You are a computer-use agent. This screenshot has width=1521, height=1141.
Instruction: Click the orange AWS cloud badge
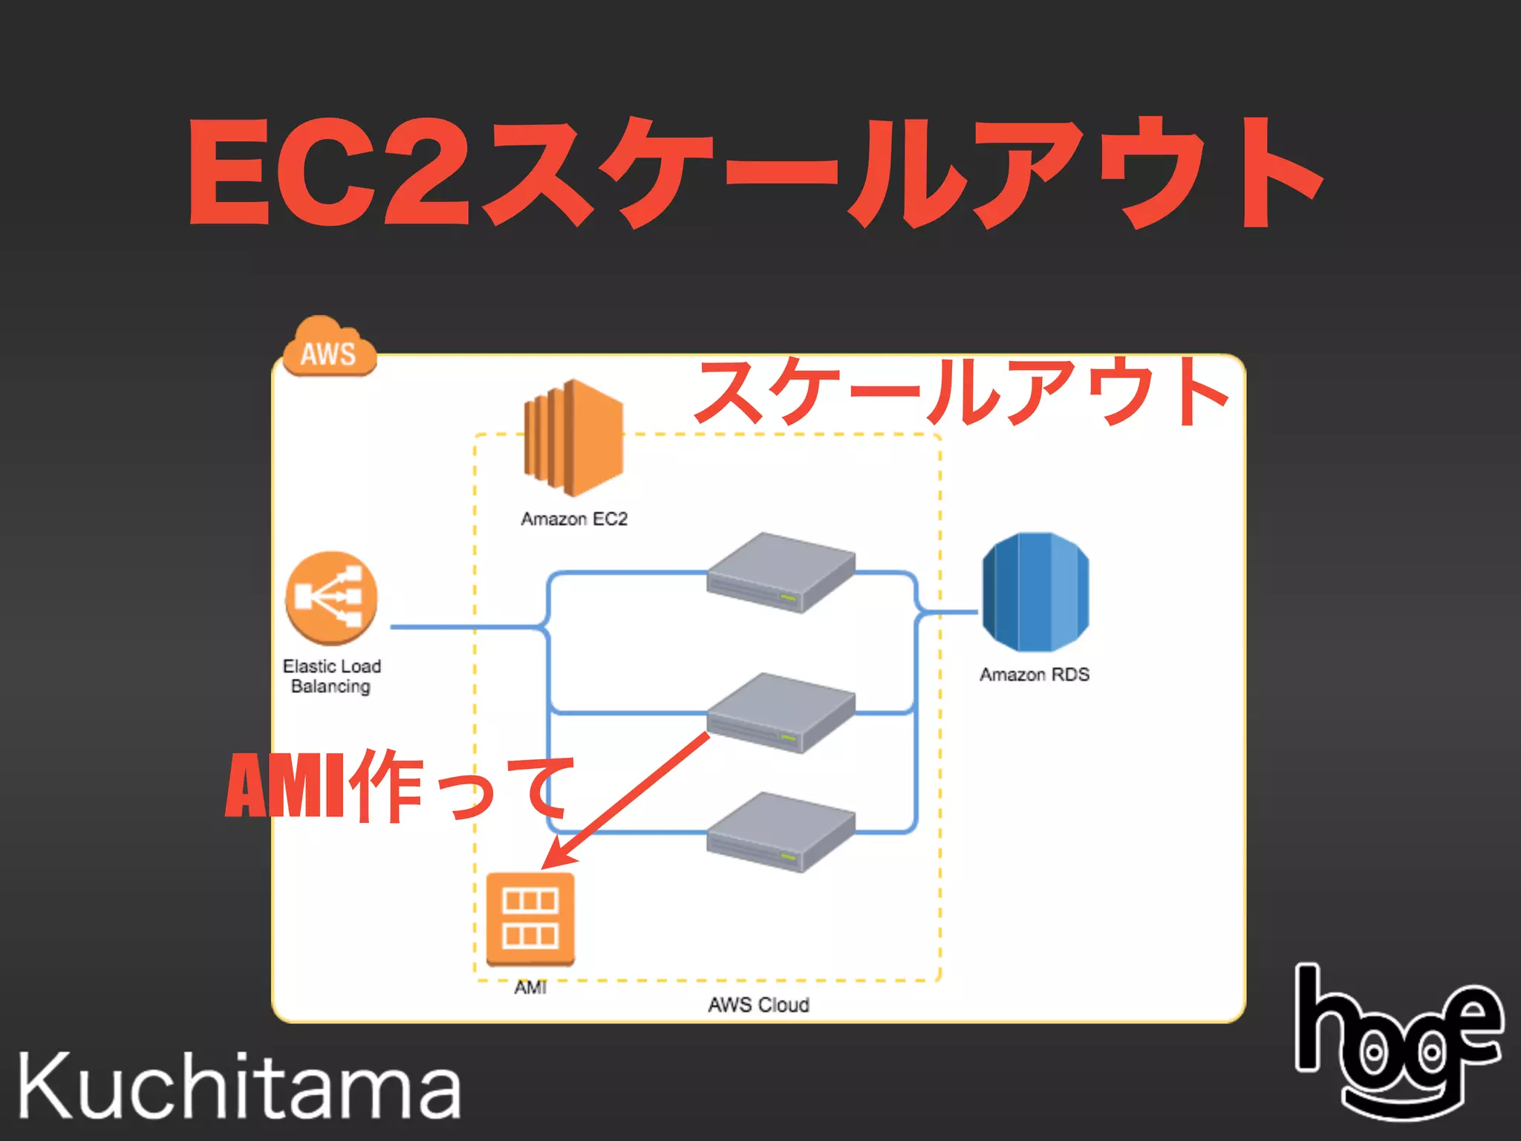330,348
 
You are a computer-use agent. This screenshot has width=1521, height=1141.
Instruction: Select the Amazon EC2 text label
574,519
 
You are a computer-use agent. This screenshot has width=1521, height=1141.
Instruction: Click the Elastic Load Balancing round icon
331,598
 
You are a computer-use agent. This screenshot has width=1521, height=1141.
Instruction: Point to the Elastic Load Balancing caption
331,676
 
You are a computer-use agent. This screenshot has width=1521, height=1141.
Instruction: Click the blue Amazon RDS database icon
1035,592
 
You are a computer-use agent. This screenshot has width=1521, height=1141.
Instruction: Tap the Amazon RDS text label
1035,674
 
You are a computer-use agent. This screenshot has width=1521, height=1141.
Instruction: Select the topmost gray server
781,572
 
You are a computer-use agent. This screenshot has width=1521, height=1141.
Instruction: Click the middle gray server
781,712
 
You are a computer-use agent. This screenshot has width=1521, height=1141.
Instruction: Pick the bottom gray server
781,831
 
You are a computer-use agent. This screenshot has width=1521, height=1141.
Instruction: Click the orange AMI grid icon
530,919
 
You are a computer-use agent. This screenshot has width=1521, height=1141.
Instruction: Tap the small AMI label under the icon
530,987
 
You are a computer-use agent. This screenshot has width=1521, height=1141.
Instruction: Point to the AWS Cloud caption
758,1005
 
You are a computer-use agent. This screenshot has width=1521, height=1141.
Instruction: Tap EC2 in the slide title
330,173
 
